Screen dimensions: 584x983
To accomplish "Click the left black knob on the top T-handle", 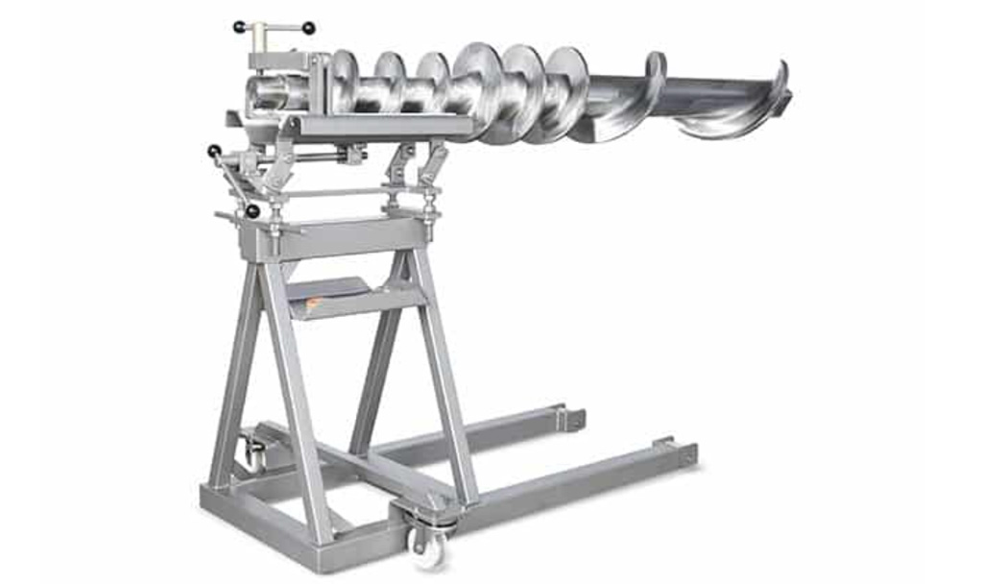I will pos(238,26).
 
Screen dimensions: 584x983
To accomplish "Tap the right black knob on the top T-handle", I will pos(308,29).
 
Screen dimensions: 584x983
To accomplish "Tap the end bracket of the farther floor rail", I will pos(572,419).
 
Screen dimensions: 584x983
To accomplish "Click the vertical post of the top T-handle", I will pos(261,39).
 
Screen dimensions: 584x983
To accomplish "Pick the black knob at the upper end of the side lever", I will pos(213,151).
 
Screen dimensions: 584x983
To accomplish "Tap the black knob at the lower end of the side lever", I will pos(252,210).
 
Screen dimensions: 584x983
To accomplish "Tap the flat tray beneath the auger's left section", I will pos(384,124).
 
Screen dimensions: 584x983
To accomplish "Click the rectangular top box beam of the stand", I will pos(331,235).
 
